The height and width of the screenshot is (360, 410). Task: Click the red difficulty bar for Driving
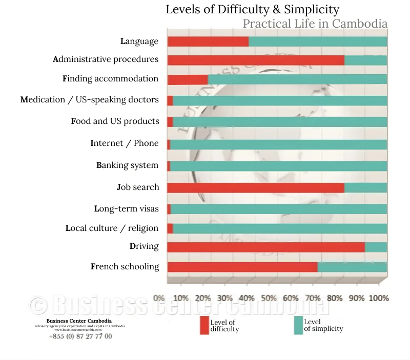click(x=266, y=247)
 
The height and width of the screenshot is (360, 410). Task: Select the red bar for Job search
click(x=256, y=187)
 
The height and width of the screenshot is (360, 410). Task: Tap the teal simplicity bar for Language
click(x=318, y=41)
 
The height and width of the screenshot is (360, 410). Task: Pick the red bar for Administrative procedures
click(x=256, y=60)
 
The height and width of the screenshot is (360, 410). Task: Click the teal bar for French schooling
click(x=352, y=267)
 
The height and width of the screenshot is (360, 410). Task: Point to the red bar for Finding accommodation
click(x=188, y=80)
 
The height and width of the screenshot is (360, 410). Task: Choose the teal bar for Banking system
click(x=278, y=166)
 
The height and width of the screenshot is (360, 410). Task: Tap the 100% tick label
click(x=379, y=298)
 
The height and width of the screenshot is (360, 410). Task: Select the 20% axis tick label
click(x=203, y=298)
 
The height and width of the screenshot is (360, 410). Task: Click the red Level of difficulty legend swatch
click(x=204, y=326)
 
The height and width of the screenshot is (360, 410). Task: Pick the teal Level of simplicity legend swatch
click(x=298, y=326)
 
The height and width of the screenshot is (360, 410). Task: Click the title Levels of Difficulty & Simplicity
click(x=252, y=9)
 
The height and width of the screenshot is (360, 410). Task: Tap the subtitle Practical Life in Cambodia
click(x=315, y=24)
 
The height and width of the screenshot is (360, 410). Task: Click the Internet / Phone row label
click(x=125, y=143)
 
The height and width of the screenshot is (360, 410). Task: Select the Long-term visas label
click(x=127, y=209)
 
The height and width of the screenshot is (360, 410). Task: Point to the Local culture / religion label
click(x=112, y=228)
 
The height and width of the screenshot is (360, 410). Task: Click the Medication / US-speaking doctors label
click(x=90, y=100)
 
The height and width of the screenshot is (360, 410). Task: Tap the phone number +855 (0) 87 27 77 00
click(x=80, y=336)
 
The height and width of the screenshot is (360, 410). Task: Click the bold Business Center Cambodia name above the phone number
click(x=79, y=321)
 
